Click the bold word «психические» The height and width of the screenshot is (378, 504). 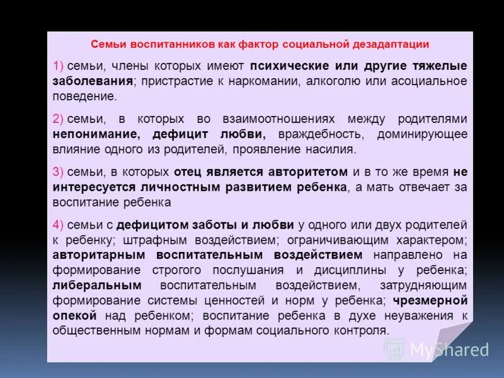point(280,66)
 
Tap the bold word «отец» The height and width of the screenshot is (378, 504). point(188,172)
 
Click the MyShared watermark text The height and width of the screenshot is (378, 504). point(449,350)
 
